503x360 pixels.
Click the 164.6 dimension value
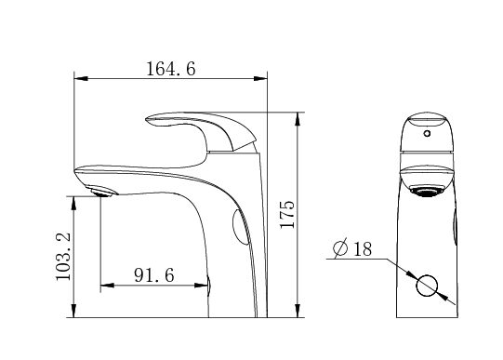coord(171,69)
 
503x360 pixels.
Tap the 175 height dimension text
coord(287,214)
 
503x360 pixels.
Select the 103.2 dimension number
coord(63,257)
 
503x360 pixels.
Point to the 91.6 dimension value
coord(154,275)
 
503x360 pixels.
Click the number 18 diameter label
coord(363,249)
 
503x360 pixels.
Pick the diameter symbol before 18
coord(340,248)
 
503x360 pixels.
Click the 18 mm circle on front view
coord(427,286)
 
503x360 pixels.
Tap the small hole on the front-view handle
coord(427,133)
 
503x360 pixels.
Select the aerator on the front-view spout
coord(426,192)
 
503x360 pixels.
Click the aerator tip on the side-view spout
coord(102,193)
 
